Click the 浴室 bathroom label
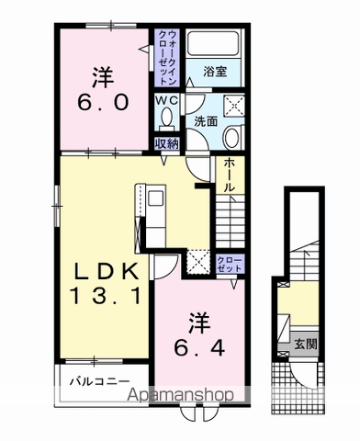pyautogui.click(x=215, y=72)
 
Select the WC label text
pyautogui.click(x=167, y=100)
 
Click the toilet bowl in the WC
pyautogui.click(x=166, y=118)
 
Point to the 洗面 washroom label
pyautogui.click(x=206, y=121)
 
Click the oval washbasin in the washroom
pyautogui.click(x=232, y=138)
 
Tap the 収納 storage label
pyautogui.click(x=167, y=143)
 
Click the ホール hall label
pyautogui.click(x=230, y=175)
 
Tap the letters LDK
pyautogui.click(x=107, y=271)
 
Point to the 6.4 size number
pyautogui.click(x=199, y=347)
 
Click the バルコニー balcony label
pyautogui.click(x=100, y=381)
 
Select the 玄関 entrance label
pyautogui.click(x=305, y=345)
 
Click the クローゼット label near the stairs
pyautogui.click(x=230, y=265)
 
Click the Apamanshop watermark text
pyautogui.click(x=180, y=395)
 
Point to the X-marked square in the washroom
pyautogui.click(x=234, y=106)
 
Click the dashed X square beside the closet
pyautogui.click(x=197, y=262)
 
